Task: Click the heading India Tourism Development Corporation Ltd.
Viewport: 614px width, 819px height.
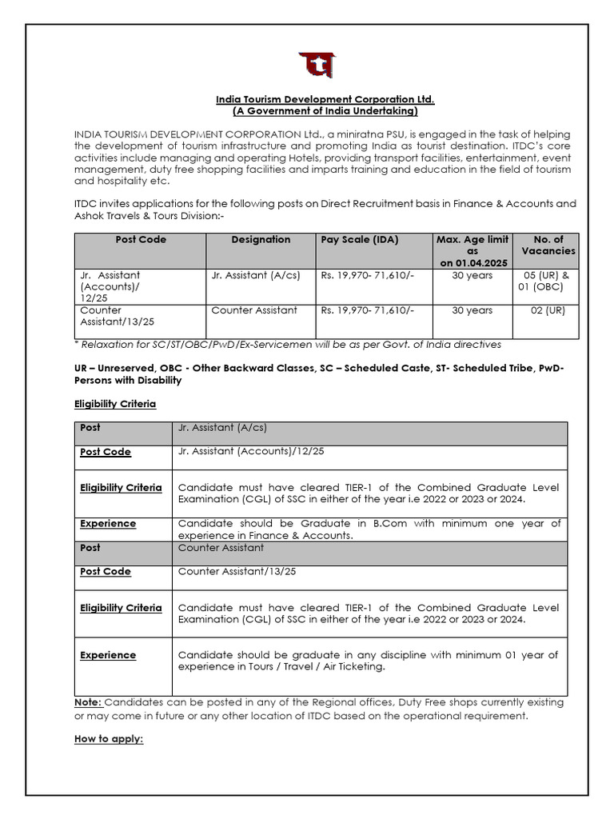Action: click(x=325, y=99)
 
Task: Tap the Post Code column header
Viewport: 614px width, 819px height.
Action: click(x=141, y=239)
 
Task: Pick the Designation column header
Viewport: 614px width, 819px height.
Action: click(x=261, y=239)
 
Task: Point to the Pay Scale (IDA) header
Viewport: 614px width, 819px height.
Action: click(x=360, y=239)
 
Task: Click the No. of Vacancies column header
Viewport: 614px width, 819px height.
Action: click(x=548, y=245)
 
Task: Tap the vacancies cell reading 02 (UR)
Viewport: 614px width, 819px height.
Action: click(x=548, y=310)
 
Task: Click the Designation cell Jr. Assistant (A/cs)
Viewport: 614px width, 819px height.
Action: click(x=256, y=275)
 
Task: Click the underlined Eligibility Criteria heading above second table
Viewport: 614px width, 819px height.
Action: click(x=115, y=404)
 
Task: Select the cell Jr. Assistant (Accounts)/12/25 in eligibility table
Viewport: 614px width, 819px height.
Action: click(x=251, y=451)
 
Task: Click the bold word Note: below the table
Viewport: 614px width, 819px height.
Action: click(x=88, y=702)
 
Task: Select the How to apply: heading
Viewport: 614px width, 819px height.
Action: click(x=109, y=739)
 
